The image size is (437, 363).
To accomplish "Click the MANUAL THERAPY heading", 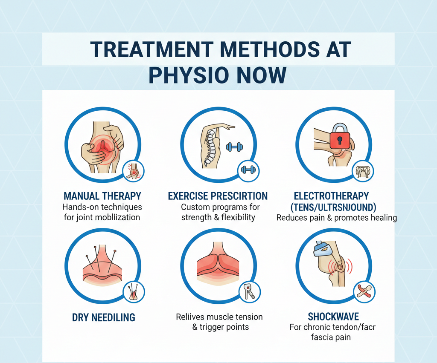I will (x=102, y=196).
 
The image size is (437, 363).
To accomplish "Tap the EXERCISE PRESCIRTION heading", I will (x=218, y=196).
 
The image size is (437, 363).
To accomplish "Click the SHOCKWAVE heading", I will (x=333, y=317).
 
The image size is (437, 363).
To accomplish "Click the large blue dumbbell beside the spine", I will (x=234, y=147).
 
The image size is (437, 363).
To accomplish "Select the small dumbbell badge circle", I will (x=247, y=170).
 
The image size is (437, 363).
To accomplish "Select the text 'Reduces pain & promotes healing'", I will (x=337, y=218).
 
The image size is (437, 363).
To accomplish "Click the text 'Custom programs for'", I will (x=220, y=207).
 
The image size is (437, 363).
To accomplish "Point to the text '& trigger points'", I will (x=219, y=327).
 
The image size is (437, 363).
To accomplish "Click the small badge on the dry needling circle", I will (x=134, y=292).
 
